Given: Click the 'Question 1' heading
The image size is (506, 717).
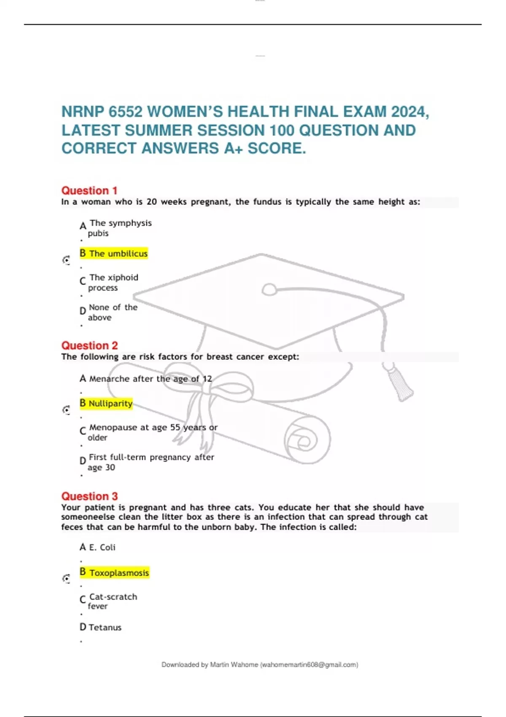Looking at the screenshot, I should tap(89, 191).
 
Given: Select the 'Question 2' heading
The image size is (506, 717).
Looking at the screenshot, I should tap(89, 345).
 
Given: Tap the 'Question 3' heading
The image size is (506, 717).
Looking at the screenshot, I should tap(89, 496).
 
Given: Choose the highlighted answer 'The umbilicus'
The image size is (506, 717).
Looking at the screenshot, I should tap(118, 253).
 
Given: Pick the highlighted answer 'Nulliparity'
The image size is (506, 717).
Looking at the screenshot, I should tap(110, 404).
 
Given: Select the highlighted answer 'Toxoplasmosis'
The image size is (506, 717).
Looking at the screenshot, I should tap(119, 573).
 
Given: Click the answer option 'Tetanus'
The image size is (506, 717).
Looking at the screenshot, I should tap(105, 628).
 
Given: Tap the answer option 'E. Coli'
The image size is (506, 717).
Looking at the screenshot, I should tap(102, 547).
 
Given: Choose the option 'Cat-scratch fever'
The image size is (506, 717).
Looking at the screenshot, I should tap(113, 601).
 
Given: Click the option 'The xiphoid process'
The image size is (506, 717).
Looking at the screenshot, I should tap(113, 282).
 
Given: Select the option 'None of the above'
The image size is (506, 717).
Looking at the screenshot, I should tap(113, 312).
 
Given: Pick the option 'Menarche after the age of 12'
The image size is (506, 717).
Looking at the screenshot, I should tap(150, 379).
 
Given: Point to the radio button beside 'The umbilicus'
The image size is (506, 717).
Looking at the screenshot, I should tap(66, 260).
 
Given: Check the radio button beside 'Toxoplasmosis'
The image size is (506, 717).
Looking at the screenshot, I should tap(66, 579).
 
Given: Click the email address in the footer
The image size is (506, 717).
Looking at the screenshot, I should tap(309, 665).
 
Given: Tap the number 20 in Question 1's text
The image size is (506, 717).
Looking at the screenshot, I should tap(152, 202).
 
